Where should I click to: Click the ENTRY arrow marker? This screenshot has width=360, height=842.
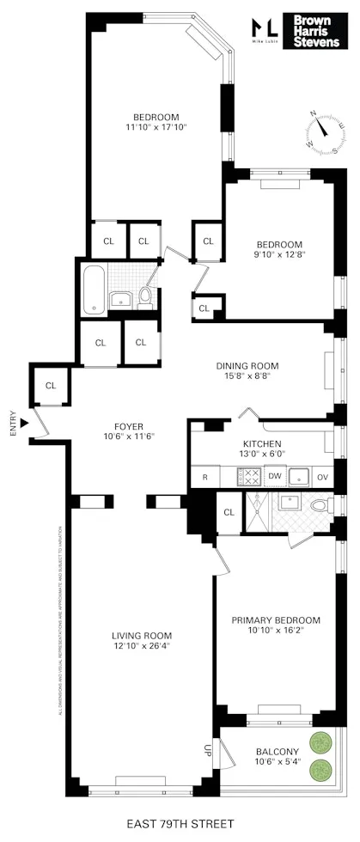click(26, 423)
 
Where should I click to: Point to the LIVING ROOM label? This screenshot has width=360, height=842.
click(137, 635)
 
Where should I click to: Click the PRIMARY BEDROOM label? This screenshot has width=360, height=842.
click(275, 619)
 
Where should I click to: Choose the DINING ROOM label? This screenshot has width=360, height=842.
click(247, 365)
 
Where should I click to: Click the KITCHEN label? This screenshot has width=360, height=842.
click(258, 443)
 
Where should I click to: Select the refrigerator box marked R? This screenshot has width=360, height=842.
click(205, 476)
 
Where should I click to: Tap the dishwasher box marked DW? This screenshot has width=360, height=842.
click(275, 476)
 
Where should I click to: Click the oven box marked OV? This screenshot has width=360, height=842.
click(323, 476)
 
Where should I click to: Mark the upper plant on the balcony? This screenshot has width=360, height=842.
click(322, 740)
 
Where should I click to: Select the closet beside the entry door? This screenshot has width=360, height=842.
click(51, 385)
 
